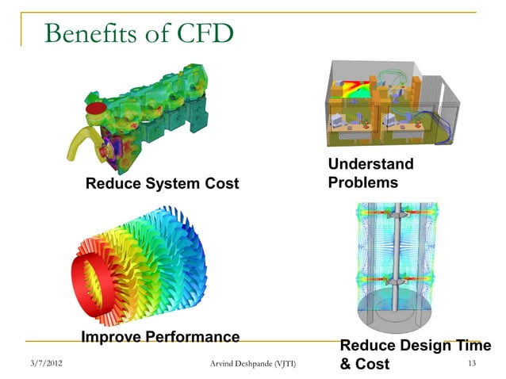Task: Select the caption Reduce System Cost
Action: point(162,184)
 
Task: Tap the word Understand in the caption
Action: point(370,164)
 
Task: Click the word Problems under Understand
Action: point(362,182)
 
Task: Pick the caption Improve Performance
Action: point(160,337)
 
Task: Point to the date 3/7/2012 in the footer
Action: point(45,364)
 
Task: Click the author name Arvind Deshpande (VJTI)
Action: point(250,364)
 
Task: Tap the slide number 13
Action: point(473,364)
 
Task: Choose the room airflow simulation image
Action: point(389,107)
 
